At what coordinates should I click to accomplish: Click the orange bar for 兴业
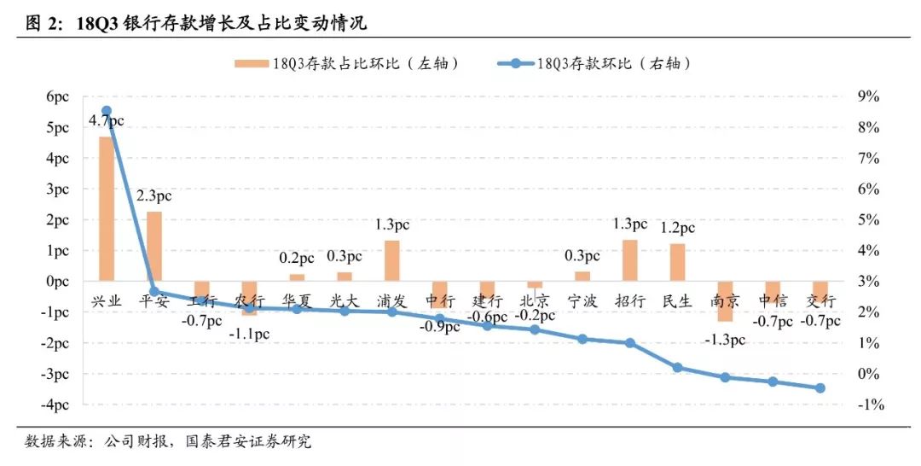point(107,208)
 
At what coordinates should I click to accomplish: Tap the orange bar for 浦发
point(391,260)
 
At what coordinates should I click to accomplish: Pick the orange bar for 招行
point(629,260)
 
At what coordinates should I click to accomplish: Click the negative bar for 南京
point(725,301)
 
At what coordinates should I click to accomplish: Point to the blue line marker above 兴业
point(107,111)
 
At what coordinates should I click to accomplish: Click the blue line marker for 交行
point(820,387)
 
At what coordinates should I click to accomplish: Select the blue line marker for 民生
point(677,368)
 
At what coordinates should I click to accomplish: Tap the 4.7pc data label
point(106,122)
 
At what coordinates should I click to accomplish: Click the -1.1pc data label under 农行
point(249,334)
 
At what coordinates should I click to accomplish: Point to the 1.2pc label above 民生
point(676,228)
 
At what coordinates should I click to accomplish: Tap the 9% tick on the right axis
point(868,97)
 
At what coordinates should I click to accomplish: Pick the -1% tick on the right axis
point(868,405)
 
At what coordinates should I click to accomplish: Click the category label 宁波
point(582,300)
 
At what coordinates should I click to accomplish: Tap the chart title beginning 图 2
point(196,23)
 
